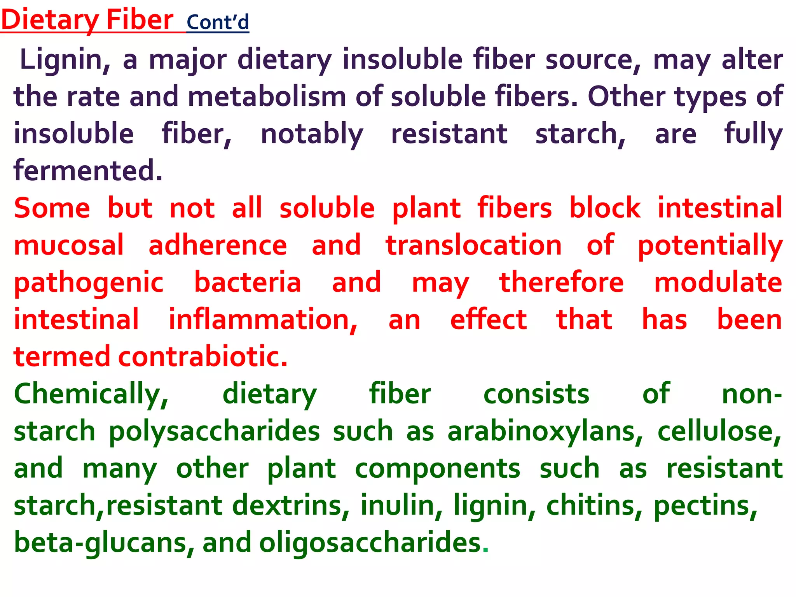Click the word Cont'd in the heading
pyautogui.click(x=218, y=23)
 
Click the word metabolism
pyautogui.click(x=267, y=97)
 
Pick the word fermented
pyautogui.click(x=88, y=171)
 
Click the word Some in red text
pyautogui.click(x=52, y=208)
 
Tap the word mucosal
pyautogui.click(x=69, y=245)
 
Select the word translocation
pyautogui.click(x=473, y=245)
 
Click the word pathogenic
pyautogui.click(x=89, y=283)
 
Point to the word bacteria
pyautogui.click(x=248, y=282)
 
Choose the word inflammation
pyautogui.click(x=263, y=319)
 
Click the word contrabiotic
pyautogui.click(x=202, y=356)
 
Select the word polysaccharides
pyautogui.click(x=214, y=431)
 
